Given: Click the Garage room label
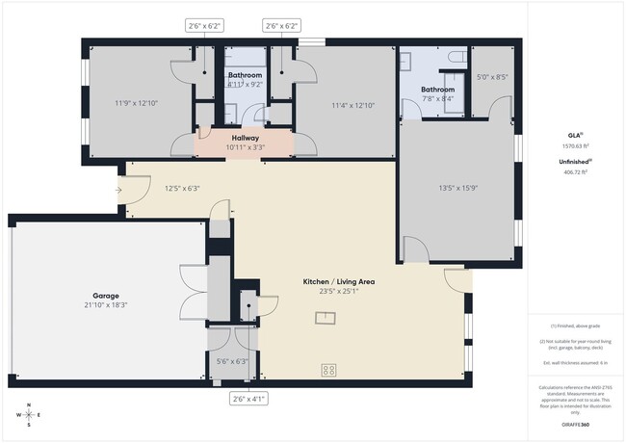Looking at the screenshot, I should click(x=105, y=296).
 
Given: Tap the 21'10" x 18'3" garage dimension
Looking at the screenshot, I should click(x=105, y=305).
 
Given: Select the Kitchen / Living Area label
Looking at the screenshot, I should click(x=339, y=281).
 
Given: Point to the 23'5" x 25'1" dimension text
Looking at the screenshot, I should click(x=339, y=291).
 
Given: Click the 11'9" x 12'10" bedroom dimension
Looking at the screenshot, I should click(x=134, y=101).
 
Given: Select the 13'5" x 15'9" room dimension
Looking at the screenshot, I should click(x=458, y=188).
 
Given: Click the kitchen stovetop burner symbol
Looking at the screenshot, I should click(x=327, y=369).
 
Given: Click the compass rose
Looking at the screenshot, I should click(x=29, y=415).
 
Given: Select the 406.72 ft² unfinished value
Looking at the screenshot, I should click(x=574, y=172).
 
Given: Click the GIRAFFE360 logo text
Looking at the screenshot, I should click(x=574, y=422).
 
